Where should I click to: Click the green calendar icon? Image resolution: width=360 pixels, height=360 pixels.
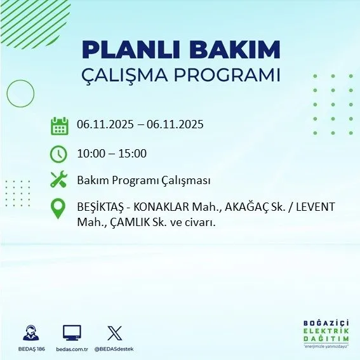59,126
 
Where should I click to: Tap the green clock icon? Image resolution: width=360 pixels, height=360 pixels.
58,154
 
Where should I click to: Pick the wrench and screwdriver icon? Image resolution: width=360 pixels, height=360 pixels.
58,180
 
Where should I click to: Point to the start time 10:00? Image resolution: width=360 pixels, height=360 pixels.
90,153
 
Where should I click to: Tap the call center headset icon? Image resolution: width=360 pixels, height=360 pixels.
30,333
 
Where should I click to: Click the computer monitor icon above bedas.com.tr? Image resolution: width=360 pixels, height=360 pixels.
72,332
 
